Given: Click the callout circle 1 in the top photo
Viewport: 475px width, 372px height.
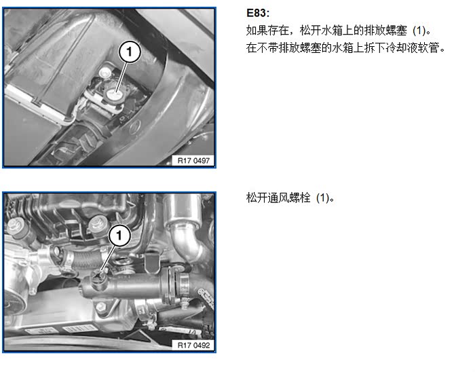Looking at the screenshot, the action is point(130,52).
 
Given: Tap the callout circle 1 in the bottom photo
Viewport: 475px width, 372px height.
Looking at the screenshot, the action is point(119,236).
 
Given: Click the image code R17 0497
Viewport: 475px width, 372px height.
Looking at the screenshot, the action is point(193,161).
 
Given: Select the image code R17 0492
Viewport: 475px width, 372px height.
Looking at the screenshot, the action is point(193,345).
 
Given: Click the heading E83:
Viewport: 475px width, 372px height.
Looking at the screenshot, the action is point(258,13).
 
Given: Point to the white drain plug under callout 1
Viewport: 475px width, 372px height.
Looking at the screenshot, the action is point(115,95).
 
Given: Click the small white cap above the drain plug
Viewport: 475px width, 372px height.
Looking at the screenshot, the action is point(104,72).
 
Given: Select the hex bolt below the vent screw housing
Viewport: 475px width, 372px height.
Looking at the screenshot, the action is point(100,308).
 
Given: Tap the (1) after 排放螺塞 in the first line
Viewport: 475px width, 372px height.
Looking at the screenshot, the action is point(419,31).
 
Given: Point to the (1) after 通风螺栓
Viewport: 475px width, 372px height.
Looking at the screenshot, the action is point(323,198).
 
